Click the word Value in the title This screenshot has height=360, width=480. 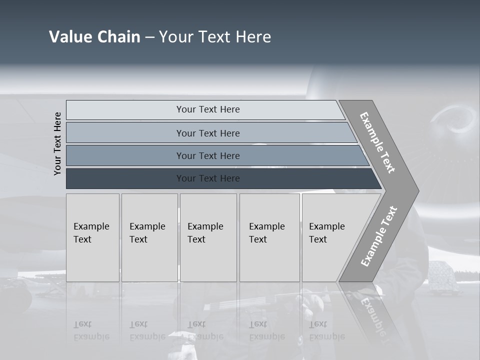[x=69, y=37]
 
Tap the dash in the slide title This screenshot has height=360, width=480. [x=149, y=37]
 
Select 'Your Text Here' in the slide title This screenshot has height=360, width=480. [x=215, y=37]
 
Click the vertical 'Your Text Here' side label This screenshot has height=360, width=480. [x=57, y=143]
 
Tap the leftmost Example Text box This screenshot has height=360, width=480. [x=92, y=237]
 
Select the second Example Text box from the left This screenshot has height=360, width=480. [x=149, y=237]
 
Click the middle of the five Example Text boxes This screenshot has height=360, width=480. [x=208, y=237]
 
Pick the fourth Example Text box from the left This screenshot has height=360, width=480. [x=269, y=237]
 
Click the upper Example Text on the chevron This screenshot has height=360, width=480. [x=377, y=142]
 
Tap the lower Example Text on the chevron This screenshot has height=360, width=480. [x=378, y=236]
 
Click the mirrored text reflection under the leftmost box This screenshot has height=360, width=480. [x=91, y=330]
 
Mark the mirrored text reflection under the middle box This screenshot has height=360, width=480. [x=205, y=330]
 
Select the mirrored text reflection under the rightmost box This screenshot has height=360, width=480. [x=327, y=330]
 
